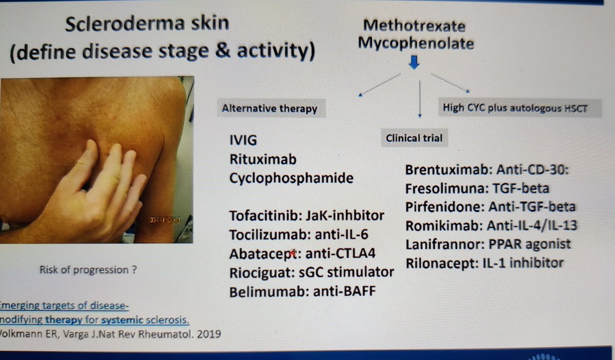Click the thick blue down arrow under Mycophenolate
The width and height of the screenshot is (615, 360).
pyautogui.click(x=415, y=63)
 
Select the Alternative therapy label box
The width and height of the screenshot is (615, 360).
pyautogui.click(x=270, y=109)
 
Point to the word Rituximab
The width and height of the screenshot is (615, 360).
pyautogui.click(x=263, y=159)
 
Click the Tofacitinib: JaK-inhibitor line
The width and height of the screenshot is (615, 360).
pyautogui.click(x=306, y=215)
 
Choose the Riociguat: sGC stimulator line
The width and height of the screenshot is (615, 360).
pyautogui.click(x=312, y=271)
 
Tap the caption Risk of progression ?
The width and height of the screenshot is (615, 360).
pyautogui.click(x=88, y=270)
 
